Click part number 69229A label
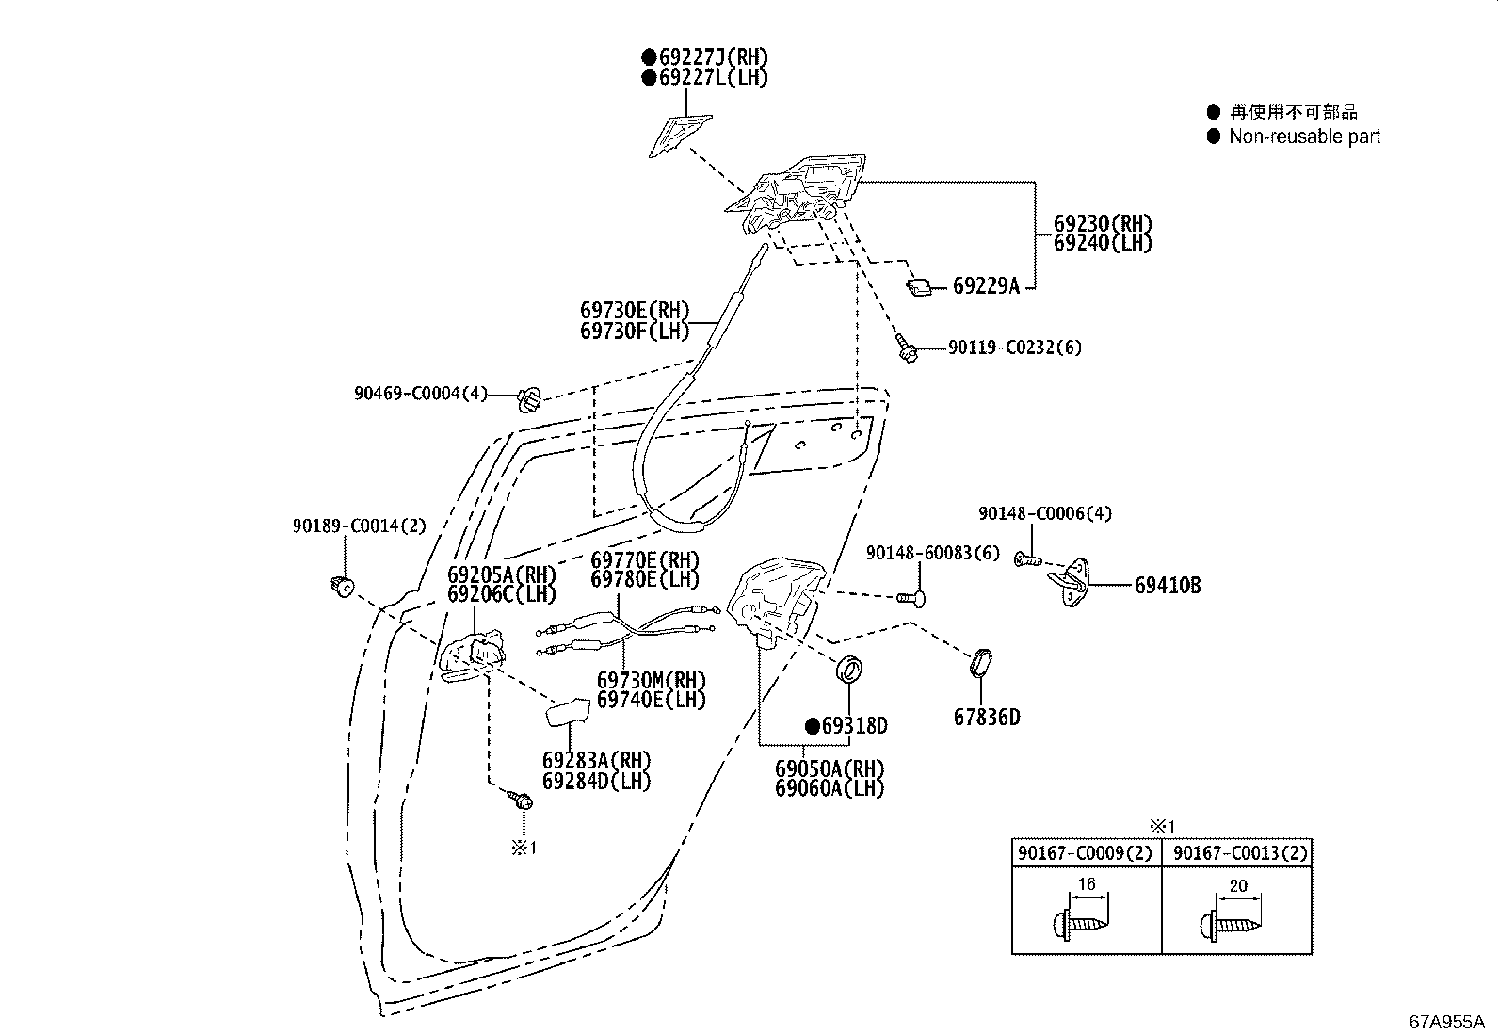point(986,286)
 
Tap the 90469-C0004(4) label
point(421,394)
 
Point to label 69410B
point(1167,586)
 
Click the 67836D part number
point(986,718)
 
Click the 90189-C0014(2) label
point(359,526)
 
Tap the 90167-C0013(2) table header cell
point(1236,853)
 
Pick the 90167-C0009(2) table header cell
point(1086,853)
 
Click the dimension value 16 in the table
point(1086,884)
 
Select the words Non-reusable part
point(1304,137)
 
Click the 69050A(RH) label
point(830,768)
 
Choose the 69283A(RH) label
point(596,761)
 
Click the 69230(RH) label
point(1103,224)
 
